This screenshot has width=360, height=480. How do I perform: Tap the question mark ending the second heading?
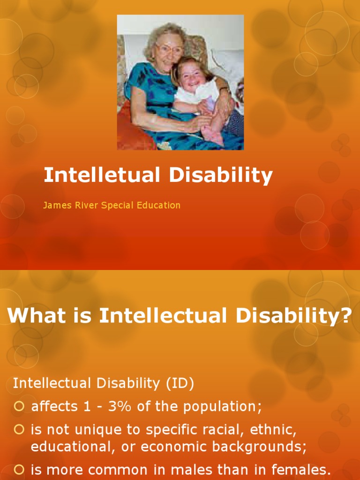coord(346,316)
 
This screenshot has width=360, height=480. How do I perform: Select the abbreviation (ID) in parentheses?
coord(179,383)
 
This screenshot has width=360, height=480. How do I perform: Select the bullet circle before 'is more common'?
coord(19,469)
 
